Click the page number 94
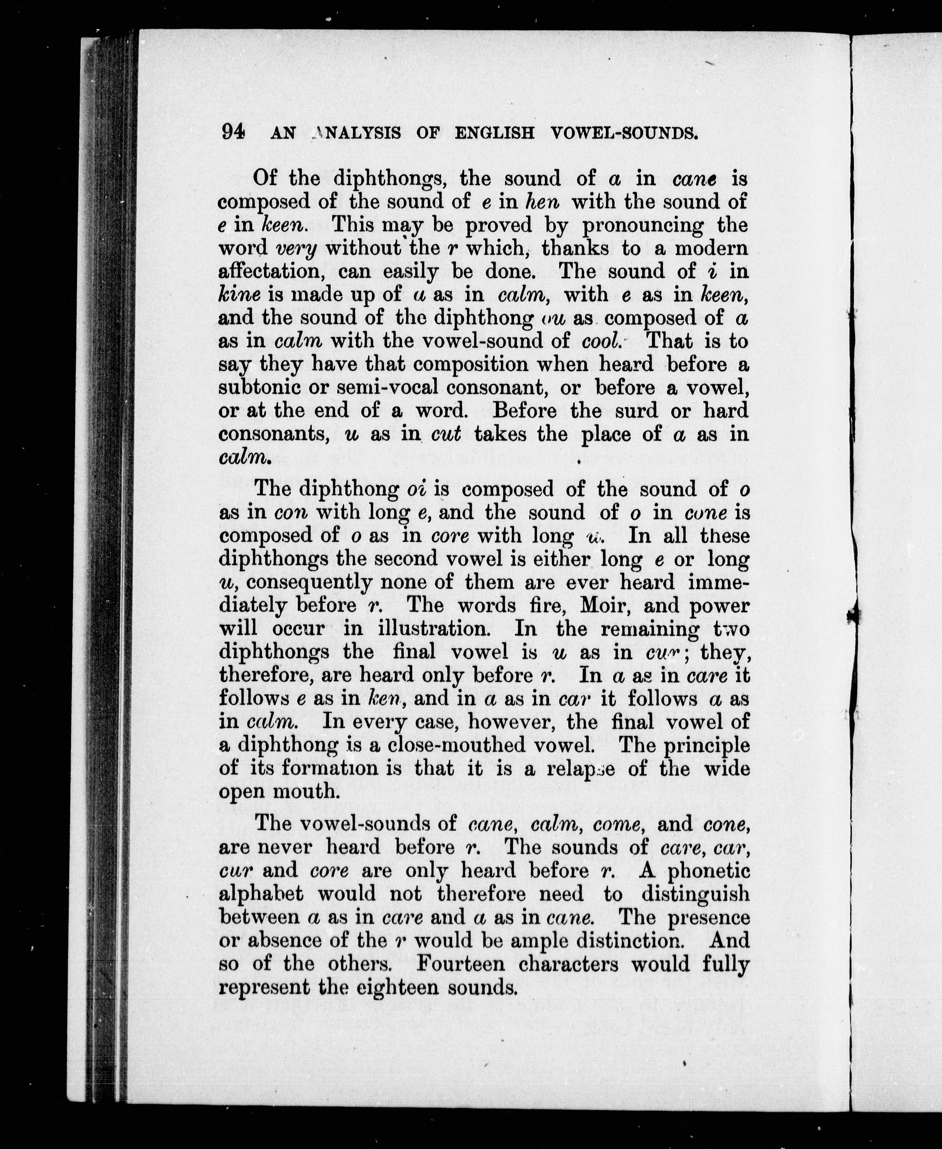pos(233,132)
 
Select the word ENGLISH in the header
pos(494,133)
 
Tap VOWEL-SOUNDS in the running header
pos(624,133)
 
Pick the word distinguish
pos(696,894)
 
